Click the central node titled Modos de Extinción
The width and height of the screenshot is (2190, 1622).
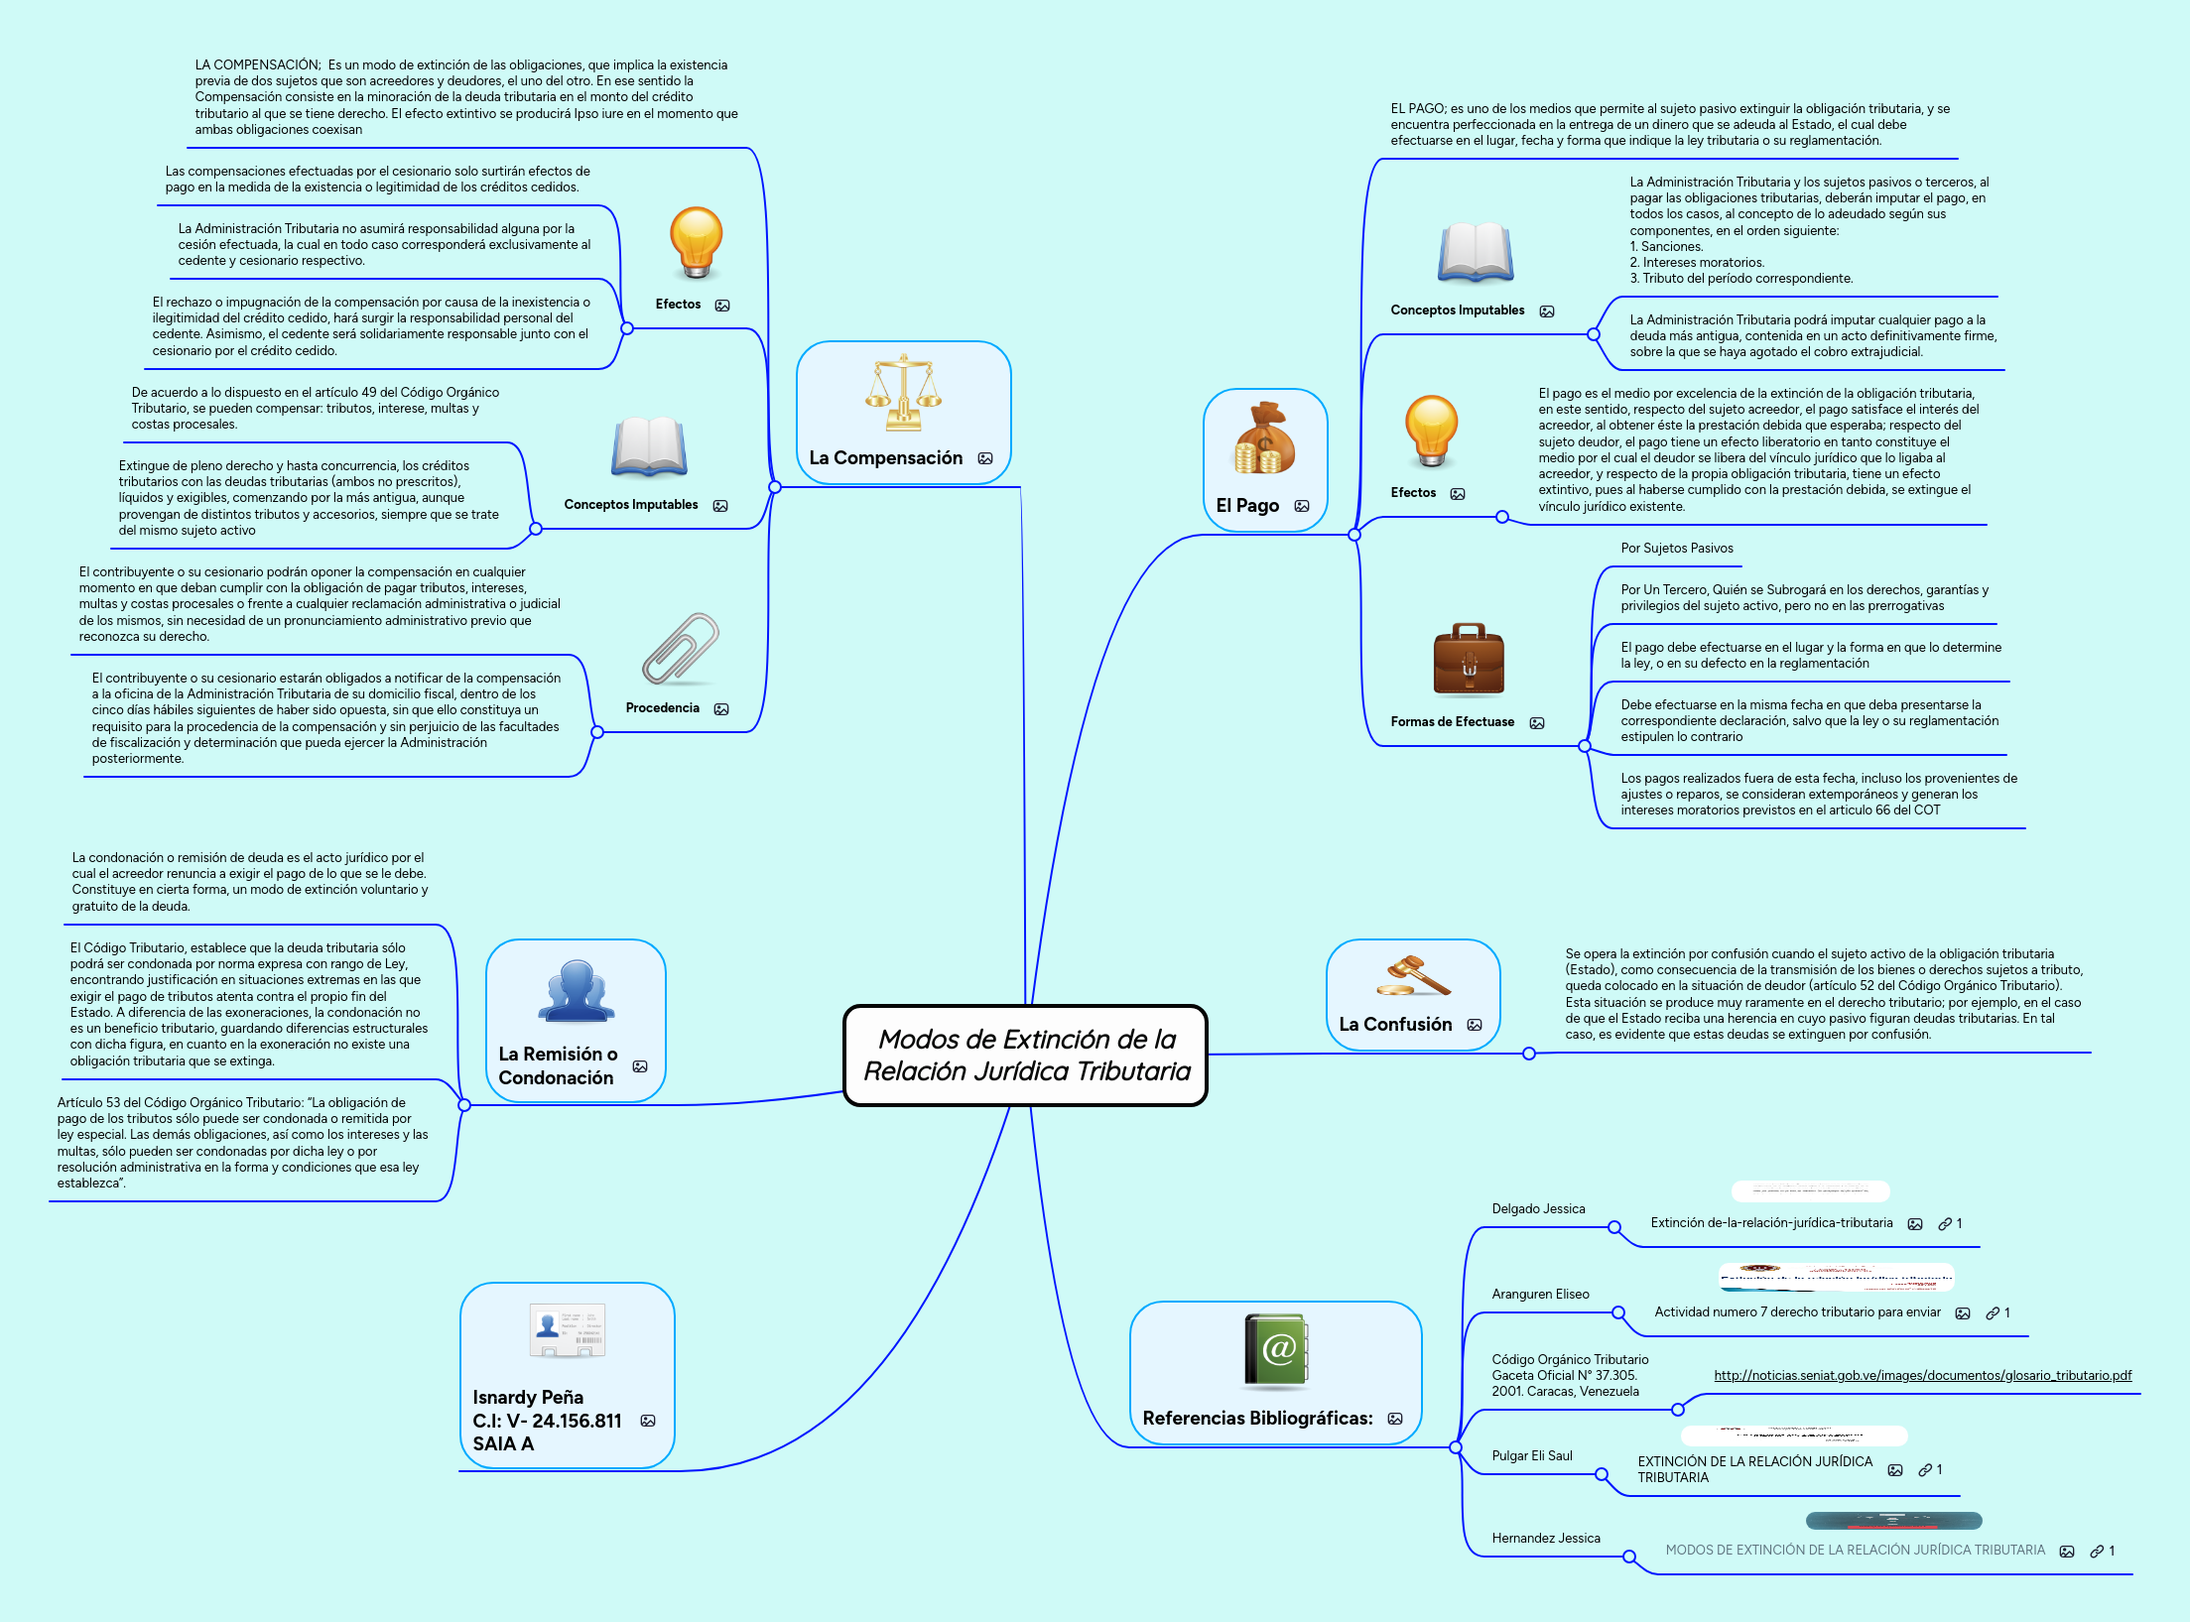coord(1026,1055)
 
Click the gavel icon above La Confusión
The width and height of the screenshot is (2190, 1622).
coord(1413,975)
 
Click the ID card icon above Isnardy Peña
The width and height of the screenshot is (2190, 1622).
coord(567,1330)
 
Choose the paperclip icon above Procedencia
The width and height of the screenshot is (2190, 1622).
coord(681,649)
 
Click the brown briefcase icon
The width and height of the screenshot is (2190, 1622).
coord(1469,661)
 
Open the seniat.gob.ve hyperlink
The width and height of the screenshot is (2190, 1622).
coord(1922,1375)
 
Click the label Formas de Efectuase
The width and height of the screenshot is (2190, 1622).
coord(1452,722)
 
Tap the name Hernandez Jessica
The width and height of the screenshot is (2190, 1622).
coord(1545,1539)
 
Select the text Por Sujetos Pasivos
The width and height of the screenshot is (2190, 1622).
coord(1676,549)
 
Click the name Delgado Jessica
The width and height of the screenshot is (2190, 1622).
coord(1538,1209)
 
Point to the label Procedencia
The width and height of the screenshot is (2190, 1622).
coord(662,708)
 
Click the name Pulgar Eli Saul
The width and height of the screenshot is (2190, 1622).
coord(1531,1456)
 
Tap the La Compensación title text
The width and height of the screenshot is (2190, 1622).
coord(885,458)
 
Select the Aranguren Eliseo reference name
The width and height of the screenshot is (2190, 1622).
coord(1540,1295)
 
